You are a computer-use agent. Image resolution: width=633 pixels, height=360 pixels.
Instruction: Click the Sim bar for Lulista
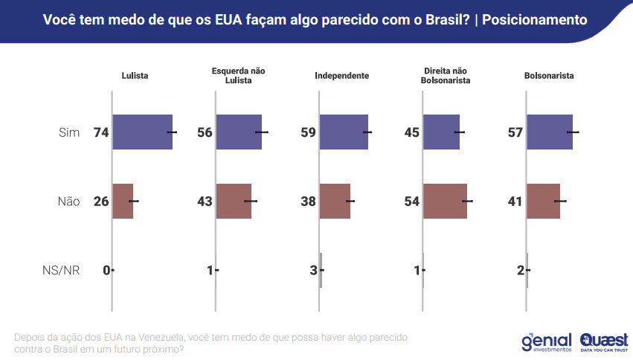[142, 132]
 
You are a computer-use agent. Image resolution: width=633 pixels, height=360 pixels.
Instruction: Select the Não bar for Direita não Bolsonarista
[445, 201]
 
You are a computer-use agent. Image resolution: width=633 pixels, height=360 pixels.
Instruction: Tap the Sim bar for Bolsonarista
[550, 132]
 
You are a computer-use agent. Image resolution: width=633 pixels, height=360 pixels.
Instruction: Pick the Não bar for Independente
[335, 201]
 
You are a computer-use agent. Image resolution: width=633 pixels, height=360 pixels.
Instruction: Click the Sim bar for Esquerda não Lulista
[239, 132]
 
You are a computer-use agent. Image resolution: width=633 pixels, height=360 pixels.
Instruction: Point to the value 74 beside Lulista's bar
[101, 132]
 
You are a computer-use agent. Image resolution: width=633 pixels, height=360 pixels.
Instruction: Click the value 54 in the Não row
[412, 202]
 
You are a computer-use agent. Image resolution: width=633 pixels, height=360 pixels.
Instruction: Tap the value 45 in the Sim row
[412, 132]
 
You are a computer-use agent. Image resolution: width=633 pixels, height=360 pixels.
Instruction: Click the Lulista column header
[135, 76]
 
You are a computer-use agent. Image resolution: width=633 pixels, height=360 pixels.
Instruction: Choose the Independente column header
[341, 76]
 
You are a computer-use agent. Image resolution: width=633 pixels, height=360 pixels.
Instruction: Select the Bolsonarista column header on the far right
[549, 76]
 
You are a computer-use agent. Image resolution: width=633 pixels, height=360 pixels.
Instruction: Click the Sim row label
[69, 132]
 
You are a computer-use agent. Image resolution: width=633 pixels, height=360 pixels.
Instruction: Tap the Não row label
[68, 202]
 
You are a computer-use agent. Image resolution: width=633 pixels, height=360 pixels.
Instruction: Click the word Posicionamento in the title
[534, 20]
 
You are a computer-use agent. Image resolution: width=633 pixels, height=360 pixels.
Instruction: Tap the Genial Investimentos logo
[547, 341]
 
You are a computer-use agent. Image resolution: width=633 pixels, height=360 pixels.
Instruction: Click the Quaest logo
[604, 341]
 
